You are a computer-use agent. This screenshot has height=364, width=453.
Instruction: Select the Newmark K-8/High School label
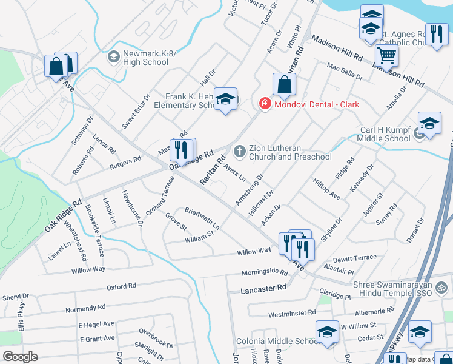[x=145, y=58]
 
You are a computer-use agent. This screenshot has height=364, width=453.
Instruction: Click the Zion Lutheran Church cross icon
[x=240, y=150]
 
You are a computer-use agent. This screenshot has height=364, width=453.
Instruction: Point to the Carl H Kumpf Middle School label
[x=377, y=134]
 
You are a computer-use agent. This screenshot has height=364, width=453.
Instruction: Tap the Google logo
[x=20, y=356]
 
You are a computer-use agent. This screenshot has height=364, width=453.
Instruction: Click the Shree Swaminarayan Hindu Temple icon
[x=441, y=285]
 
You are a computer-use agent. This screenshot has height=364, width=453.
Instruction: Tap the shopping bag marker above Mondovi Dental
[x=284, y=86]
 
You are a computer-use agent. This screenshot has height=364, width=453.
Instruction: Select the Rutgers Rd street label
[x=125, y=163]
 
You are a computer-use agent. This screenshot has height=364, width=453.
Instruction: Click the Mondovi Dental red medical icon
[x=264, y=104]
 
